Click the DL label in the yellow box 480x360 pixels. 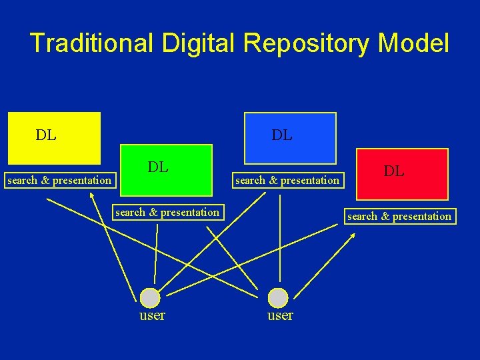pos(46,135)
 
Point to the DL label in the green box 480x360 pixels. pos(158,167)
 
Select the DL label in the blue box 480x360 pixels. pos(281,135)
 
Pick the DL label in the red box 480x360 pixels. pos(393,171)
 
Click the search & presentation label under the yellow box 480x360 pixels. pos(59,180)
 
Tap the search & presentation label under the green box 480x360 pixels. pos(167,213)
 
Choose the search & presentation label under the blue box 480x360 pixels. pos(287,180)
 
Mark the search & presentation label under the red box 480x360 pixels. pos(399,216)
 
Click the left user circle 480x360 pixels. pos(151,297)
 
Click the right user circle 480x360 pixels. pos(278,297)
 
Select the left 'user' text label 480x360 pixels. pos(152,315)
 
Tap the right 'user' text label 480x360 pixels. pos(280,315)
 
